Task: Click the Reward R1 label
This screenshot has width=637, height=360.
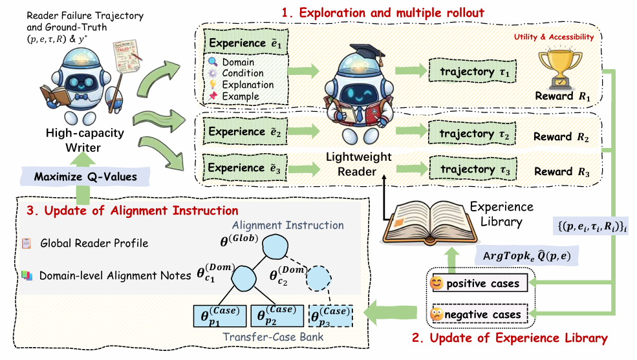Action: (x=563, y=96)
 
